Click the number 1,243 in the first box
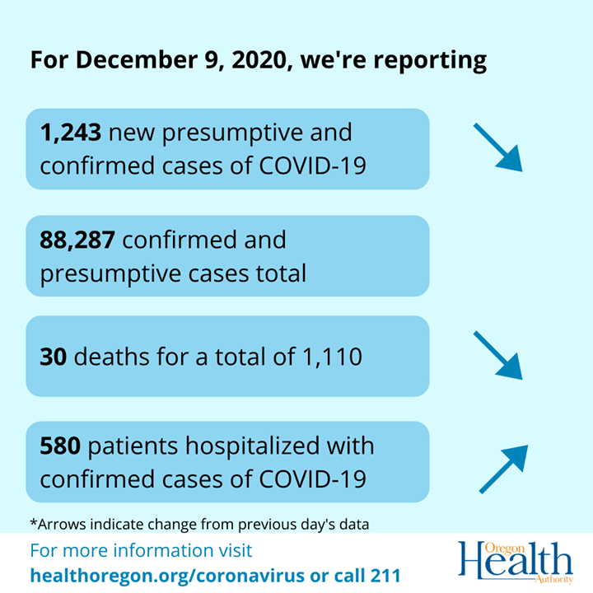point(71,132)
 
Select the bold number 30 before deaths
point(53,357)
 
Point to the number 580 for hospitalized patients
point(60,446)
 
